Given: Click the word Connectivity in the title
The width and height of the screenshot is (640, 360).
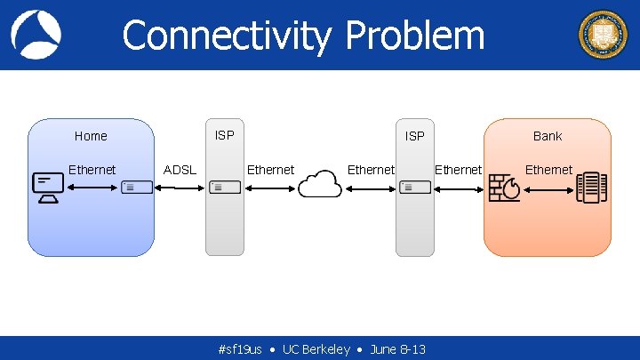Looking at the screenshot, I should click(x=228, y=36).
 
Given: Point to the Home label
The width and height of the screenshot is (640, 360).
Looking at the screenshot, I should click(x=91, y=136).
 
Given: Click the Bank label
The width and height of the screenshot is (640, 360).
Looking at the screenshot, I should click(x=548, y=136).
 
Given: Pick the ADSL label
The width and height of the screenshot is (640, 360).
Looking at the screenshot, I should click(x=180, y=170).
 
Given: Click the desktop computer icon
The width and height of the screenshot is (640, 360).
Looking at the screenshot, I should click(x=47, y=188).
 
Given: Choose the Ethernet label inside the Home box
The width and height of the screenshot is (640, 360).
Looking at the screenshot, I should click(x=92, y=170).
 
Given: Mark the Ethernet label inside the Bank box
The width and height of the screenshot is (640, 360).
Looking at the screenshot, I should click(x=548, y=170).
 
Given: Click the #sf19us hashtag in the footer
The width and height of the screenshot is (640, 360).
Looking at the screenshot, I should click(x=240, y=349).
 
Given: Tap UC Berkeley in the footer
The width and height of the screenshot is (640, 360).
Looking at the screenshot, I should click(x=316, y=349).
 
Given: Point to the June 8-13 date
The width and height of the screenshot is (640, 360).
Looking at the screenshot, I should click(x=397, y=349).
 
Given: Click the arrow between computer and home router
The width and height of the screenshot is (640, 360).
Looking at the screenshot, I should click(x=92, y=188).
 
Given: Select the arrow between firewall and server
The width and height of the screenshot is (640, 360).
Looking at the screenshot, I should click(x=549, y=188).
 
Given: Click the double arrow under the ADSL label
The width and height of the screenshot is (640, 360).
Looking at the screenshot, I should click(x=180, y=188).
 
